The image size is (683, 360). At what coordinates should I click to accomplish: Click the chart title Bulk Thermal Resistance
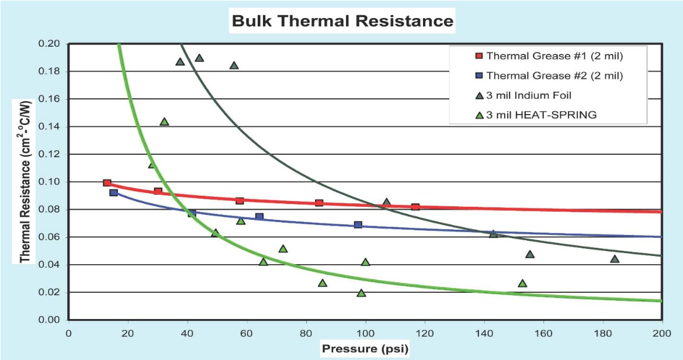coord(342,21)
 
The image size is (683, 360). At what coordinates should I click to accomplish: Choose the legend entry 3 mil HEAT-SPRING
coord(541,115)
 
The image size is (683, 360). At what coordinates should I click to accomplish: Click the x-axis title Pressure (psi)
coord(365,349)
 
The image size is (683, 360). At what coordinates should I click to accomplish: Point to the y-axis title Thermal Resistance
coord(25,181)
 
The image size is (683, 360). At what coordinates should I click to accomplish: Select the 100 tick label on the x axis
coord(365,333)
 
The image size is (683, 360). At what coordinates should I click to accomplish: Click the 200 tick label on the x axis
coord(661,333)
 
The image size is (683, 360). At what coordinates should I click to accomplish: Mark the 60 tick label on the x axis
coord(247,333)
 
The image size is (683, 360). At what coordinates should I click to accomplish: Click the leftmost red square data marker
coord(107,183)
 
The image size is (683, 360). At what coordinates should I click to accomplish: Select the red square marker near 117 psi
coord(415,207)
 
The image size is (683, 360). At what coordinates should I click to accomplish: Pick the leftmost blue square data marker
coord(114,192)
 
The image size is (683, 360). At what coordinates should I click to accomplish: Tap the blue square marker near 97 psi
coord(358,224)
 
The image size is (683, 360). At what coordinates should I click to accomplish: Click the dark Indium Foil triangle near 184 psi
coord(615,259)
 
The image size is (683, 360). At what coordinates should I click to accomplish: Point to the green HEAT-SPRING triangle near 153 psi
coord(522,283)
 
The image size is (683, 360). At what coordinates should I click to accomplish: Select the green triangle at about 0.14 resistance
coord(164,122)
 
